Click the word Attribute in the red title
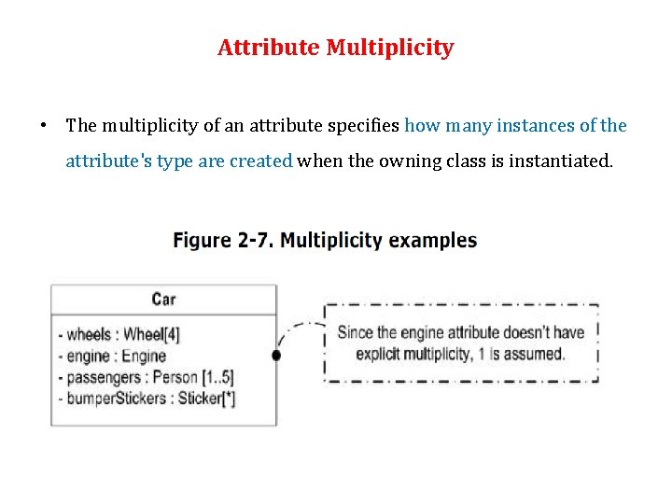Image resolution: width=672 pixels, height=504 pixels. (x=268, y=48)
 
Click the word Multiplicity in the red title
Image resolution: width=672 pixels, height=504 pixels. (x=390, y=48)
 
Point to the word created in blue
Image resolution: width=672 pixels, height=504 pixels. (x=260, y=161)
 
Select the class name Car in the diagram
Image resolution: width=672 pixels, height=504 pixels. (x=163, y=299)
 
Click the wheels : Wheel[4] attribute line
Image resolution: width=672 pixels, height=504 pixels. (x=118, y=334)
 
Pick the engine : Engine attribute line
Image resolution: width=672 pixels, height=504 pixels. (x=112, y=356)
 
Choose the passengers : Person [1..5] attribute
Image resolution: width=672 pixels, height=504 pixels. (x=146, y=377)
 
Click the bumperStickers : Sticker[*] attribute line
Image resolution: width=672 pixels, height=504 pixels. (x=147, y=399)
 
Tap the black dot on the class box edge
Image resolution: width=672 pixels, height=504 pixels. (x=276, y=356)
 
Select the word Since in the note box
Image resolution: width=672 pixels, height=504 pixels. (x=355, y=332)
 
